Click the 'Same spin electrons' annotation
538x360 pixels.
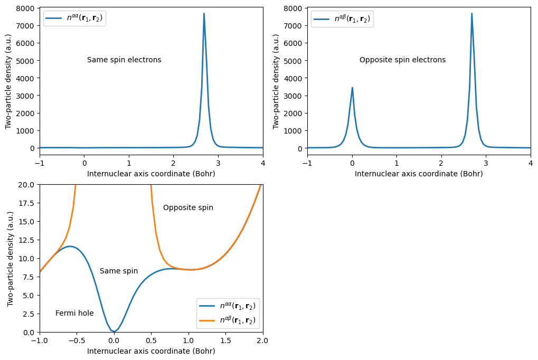(x=124, y=60)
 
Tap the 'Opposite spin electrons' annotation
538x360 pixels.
(x=402, y=60)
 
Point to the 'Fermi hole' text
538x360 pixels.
(x=74, y=314)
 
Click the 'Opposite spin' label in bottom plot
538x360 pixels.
(x=188, y=208)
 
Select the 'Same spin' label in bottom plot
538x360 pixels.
(x=119, y=271)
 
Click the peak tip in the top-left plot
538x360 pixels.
(x=204, y=14)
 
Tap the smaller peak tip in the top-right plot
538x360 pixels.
(x=352, y=88)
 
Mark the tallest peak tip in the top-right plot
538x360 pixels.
(x=471, y=14)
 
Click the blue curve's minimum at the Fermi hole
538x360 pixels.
(x=114, y=332)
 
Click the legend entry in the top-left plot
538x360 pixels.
(x=74, y=18)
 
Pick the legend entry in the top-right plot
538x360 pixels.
(x=342, y=18)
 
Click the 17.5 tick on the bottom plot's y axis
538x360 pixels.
(x=26, y=203)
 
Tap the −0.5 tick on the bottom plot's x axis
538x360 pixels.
(x=77, y=340)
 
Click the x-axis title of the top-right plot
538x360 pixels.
(x=419, y=174)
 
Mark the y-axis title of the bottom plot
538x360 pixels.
(x=11, y=259)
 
